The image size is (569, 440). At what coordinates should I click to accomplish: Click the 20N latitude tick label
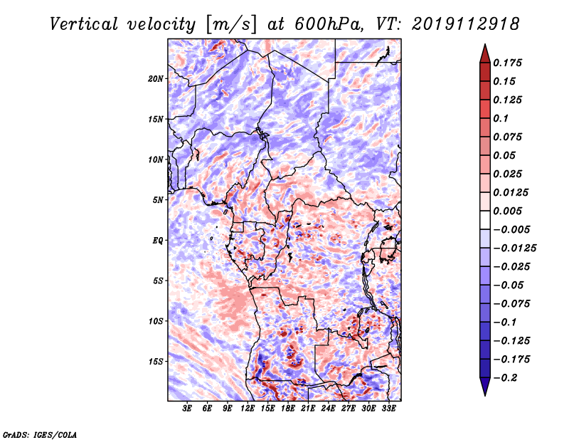pos(156,79)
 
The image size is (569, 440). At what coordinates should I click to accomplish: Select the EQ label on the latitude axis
pos(158,241)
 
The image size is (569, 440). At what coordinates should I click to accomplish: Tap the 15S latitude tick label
pos(156,362)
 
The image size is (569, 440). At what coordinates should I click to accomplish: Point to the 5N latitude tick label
pos(158,200)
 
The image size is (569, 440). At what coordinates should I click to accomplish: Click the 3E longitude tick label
pos(187,409)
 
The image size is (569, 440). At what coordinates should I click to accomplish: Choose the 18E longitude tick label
pos(288,409)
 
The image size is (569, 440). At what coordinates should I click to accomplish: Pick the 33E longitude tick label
pos(388,409)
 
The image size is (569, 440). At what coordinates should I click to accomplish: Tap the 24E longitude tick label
pos(328,409)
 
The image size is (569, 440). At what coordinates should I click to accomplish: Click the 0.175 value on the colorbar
pos(507,63)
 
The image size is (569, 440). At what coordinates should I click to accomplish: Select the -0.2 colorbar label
pos(505,378)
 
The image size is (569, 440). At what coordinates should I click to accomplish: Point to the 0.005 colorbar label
pos(507,211)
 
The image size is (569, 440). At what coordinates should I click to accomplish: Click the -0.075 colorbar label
pos(511,304)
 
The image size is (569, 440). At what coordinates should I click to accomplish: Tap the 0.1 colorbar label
pos(501,118)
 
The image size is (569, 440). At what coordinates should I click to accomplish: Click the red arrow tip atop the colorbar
pos(485,45)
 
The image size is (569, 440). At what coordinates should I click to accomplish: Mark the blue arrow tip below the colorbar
pos(485,395)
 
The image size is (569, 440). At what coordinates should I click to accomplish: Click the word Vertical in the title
pos(84,24)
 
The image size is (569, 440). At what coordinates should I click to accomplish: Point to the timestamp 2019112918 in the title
pos(466,24)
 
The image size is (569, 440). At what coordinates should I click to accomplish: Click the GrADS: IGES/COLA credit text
pos(40,435)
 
